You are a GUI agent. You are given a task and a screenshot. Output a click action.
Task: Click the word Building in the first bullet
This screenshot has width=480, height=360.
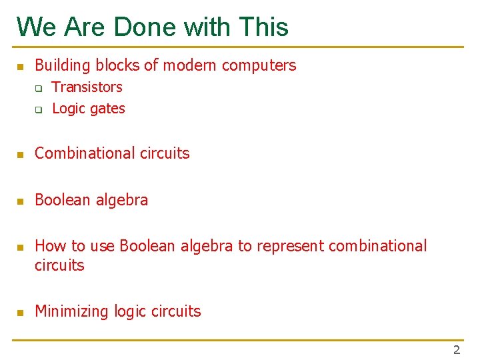[63, 65]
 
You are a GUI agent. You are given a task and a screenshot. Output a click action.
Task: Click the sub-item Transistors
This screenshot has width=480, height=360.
[87, 87]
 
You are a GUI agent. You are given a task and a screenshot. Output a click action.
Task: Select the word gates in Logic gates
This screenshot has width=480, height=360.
[107, 109]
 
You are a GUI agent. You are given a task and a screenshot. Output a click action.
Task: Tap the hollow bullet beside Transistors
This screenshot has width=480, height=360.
[39, 88]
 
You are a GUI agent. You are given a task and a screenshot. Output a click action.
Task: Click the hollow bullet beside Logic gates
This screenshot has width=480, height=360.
[39, 109]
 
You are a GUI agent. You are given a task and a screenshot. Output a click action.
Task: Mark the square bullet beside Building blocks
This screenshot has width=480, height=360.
[20, 67]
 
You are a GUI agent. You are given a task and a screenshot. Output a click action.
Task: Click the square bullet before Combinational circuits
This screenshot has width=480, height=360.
[20, 155]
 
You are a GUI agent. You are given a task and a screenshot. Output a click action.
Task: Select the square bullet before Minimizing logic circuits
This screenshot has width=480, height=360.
[20, 313]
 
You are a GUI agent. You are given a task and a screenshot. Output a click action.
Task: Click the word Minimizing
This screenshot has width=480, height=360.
[72, 311]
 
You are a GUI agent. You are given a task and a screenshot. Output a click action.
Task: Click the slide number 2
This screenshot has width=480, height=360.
[457, 350]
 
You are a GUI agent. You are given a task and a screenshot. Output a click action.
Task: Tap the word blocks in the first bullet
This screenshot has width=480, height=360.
[118, 65]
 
